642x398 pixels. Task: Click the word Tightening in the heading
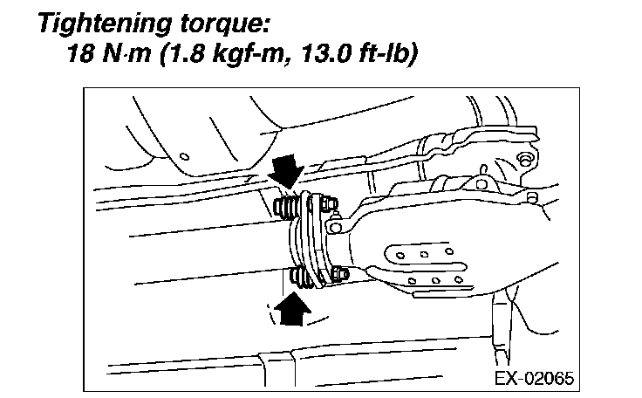point(104,24)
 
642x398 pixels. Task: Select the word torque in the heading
point(220,24)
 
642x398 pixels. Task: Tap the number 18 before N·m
point(80,53)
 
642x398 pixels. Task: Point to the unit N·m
point(126,53)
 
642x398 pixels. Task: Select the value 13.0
point(325,53)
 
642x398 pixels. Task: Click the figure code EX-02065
point(535,378)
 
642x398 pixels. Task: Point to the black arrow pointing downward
point(286,170)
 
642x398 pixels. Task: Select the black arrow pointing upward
point(292,308)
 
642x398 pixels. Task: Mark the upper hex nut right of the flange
point(329,203)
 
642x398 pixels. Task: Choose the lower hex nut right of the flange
point(340,274)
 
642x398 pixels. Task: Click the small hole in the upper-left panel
point(185,156)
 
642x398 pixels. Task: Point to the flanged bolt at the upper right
point(525,159)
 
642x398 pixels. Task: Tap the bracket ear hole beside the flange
point(335,228)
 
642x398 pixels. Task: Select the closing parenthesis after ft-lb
point(413,54)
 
